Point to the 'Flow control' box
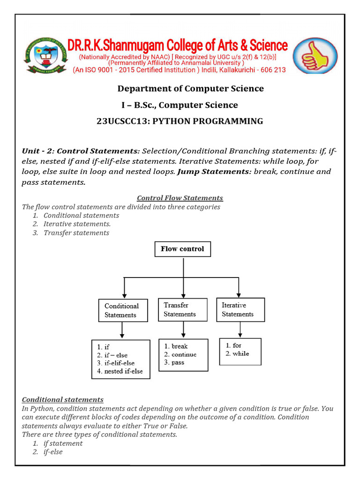click(182, 249)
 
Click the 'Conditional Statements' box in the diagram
click(122, 310)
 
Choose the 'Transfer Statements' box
click(182, 309)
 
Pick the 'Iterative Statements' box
click(240, 309)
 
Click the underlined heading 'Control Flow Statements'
click(180, 198)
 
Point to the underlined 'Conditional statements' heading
click(63, 400)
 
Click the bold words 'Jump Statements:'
click(214, 172)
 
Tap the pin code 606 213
click(269, 70)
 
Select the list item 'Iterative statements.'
click(77, 224)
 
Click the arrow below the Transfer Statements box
click(182, 330)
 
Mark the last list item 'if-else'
click(53, 452)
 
